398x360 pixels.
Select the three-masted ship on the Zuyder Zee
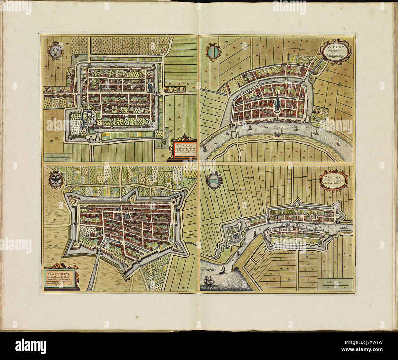pyautogui.click(x=208, y=280)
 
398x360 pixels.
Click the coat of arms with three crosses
pyautogui.click(x=55, y=49)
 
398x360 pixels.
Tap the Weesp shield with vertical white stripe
pyautogui.click(x=212, y=51)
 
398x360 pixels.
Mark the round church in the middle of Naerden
pyautogui.click(x=126, y=216)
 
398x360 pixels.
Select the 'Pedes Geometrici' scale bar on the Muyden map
pyautogui.click(x=335, y=285)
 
